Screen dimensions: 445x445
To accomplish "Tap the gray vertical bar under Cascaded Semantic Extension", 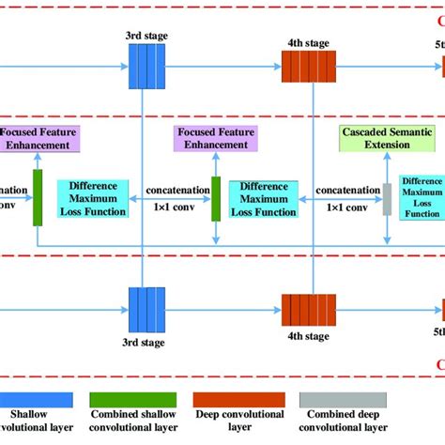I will pos(386,199).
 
